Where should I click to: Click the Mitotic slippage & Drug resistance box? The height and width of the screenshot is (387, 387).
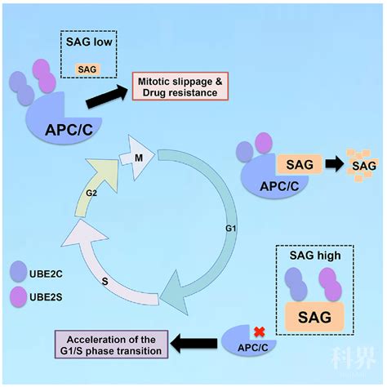coord(180,87)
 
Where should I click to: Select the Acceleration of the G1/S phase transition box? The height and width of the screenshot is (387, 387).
coord(111,345)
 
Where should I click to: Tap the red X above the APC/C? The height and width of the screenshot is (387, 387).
coord(259,332)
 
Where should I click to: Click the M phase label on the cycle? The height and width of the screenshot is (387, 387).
coord(139,158)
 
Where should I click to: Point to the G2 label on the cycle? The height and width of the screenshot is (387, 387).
coord(91,193)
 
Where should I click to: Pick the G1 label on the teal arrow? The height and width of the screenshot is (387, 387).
coord(231,229)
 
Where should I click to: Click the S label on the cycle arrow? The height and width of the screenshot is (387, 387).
coord(105,281)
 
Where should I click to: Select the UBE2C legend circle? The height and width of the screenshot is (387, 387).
coord(18,271)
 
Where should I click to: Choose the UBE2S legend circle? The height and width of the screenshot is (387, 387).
coord(18,296)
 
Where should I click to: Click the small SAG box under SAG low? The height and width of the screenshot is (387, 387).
coord(87,69)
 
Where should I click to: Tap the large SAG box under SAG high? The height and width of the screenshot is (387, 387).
coord(314,317)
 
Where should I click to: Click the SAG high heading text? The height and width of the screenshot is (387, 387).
coord(315,256)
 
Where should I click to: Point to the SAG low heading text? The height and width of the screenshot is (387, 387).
coord(89,42)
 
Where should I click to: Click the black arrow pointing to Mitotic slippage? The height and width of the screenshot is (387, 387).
coord(107,96)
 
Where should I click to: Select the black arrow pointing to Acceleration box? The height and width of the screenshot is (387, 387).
coord(193,344)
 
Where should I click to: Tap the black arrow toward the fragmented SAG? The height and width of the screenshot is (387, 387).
coord(335,164)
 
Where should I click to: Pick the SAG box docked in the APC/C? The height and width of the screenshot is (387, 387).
coord(300,164)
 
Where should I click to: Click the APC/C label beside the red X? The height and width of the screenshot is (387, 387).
coord(253,348)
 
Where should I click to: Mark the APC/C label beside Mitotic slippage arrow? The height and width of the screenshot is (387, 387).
coord(69,130)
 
